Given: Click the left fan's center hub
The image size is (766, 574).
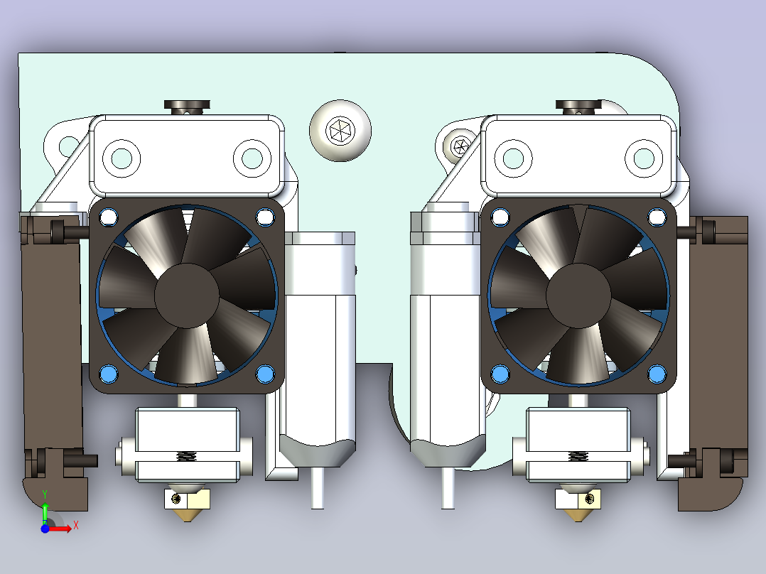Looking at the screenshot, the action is [x=187, y=296].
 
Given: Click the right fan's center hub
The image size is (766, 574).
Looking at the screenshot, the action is [x=578, y=296].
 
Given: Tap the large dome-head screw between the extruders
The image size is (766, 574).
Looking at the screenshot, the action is [x=340, y=131].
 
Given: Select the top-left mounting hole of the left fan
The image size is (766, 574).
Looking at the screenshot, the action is [x=109, y=217].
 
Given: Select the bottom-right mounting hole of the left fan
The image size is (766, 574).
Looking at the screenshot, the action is [x=265, y=374].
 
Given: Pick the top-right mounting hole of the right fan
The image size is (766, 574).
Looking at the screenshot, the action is [x=657, y=217].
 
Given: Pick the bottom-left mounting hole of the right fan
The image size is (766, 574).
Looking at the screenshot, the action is [x=500, y=374].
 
